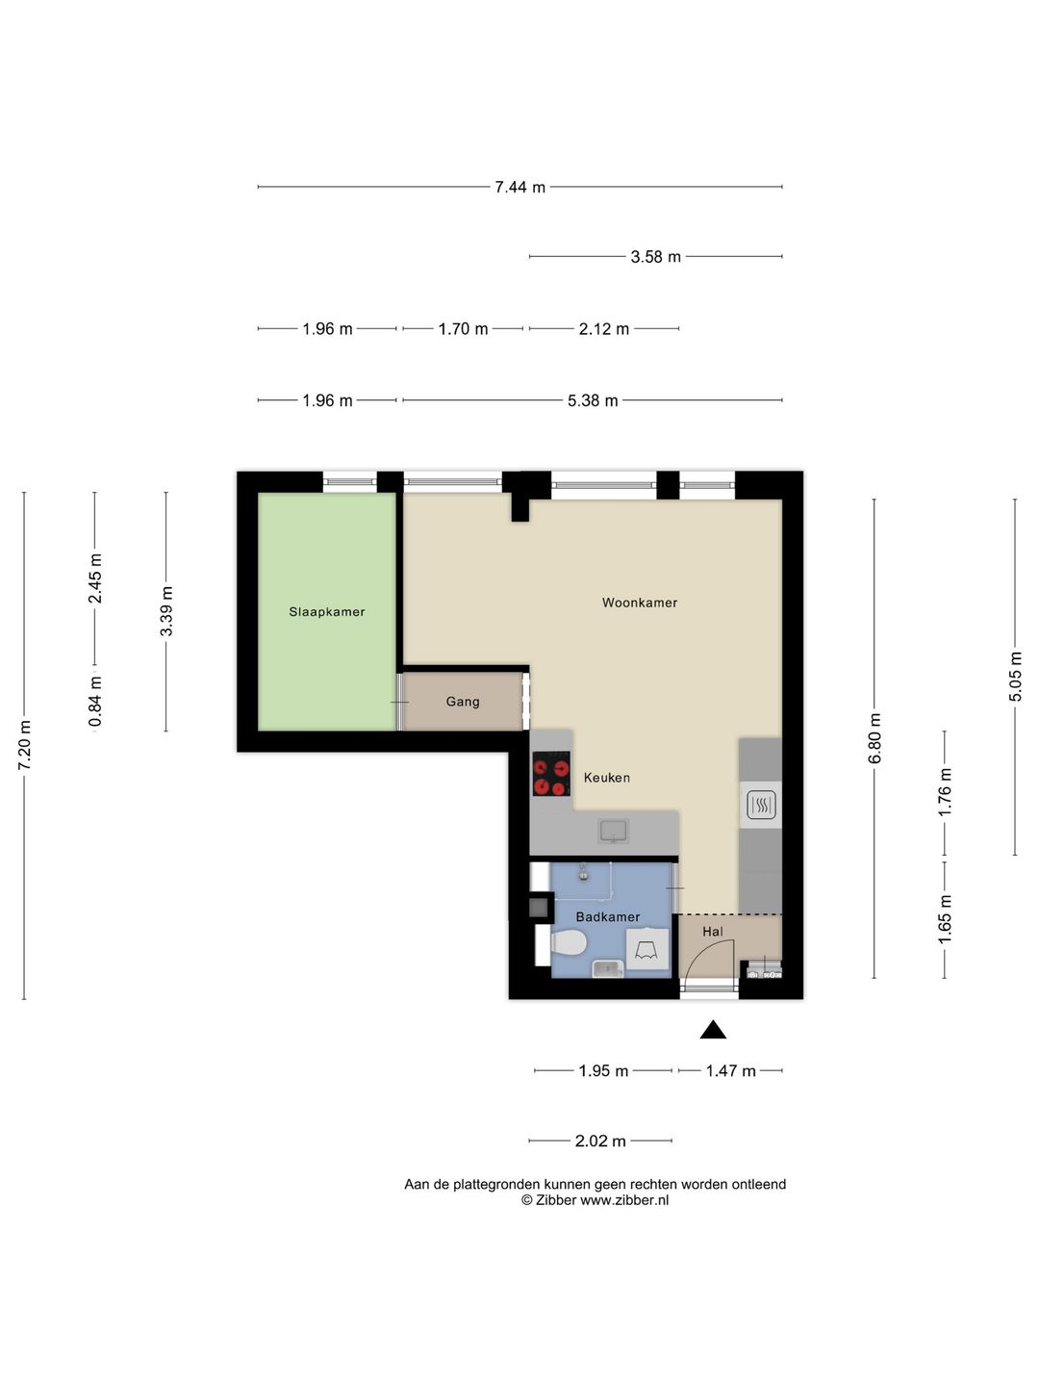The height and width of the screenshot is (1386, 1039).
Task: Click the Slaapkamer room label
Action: click(327, 611)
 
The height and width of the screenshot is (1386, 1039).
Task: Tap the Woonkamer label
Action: click(640, 603)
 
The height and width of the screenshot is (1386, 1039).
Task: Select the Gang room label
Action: click(463, 702)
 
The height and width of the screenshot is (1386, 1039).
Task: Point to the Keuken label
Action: click(607, 778)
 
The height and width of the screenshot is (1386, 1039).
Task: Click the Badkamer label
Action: click(608, 916)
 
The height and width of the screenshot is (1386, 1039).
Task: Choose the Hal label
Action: click(713, 932)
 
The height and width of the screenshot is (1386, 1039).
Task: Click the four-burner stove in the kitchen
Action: click(551, 774)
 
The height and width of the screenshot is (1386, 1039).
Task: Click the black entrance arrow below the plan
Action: click(713, 1030)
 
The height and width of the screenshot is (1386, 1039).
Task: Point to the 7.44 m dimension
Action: click(519, 187)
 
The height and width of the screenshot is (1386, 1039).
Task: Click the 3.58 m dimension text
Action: click(655, 256)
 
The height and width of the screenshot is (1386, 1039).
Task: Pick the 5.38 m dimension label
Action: click(593, 400)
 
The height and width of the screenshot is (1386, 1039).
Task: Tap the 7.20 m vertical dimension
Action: click(25, 745)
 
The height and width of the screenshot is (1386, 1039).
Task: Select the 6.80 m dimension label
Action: click(874, 738)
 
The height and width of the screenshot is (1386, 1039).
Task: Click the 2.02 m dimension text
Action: click(600, 1141)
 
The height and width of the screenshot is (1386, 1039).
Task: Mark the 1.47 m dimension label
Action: click(730, 1071)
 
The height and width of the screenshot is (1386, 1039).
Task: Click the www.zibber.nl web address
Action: click(624, 1200)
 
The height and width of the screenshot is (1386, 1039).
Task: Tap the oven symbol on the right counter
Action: click(761, 805)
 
